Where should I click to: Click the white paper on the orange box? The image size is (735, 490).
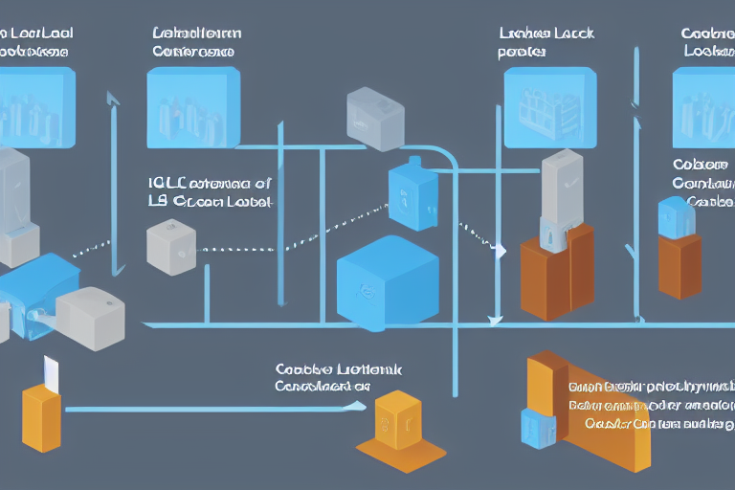click(49, 372)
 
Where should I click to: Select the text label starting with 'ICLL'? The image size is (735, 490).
click(210, 191)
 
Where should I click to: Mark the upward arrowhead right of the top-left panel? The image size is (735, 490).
click(113, 99)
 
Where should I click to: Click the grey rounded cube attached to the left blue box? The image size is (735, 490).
click(90, 316)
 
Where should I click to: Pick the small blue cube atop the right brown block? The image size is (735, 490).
click(677, 217)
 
